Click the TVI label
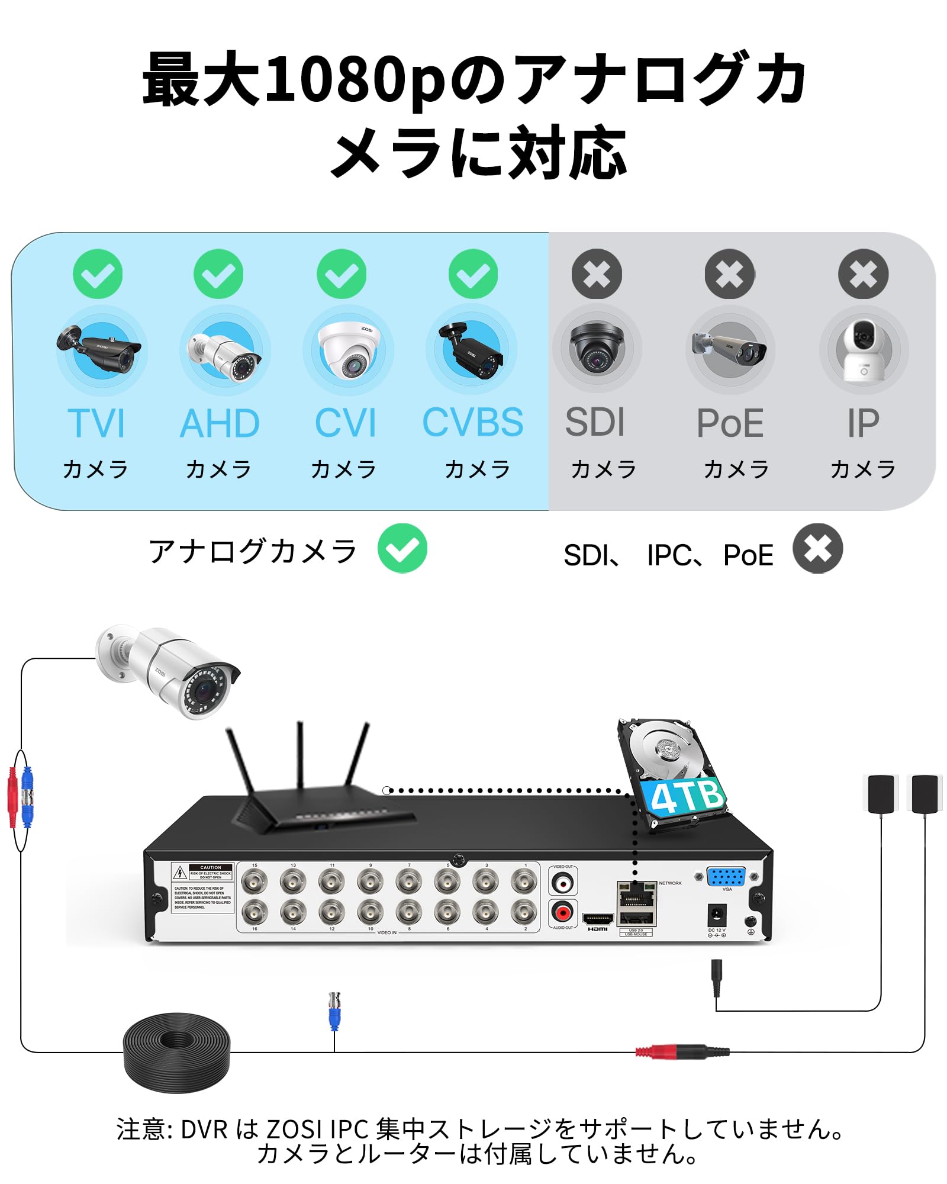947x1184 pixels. [96, 423]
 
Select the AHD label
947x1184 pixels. [220, 423]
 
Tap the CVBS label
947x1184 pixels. [472, 423]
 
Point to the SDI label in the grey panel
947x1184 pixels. [595, 423]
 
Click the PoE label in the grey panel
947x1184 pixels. [730, 423]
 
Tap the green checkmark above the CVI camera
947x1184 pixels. [342, 274]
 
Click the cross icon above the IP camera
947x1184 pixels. [863, 274]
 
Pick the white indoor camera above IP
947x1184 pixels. [863, 351]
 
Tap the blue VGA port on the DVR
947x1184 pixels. [726, 876]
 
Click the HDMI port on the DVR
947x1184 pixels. [598, 919]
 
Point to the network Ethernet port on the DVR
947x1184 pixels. [636, 895]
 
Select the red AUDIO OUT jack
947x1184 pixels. [562, 911]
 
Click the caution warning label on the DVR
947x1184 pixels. [202, 887]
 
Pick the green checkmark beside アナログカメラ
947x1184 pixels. [402, 549]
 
